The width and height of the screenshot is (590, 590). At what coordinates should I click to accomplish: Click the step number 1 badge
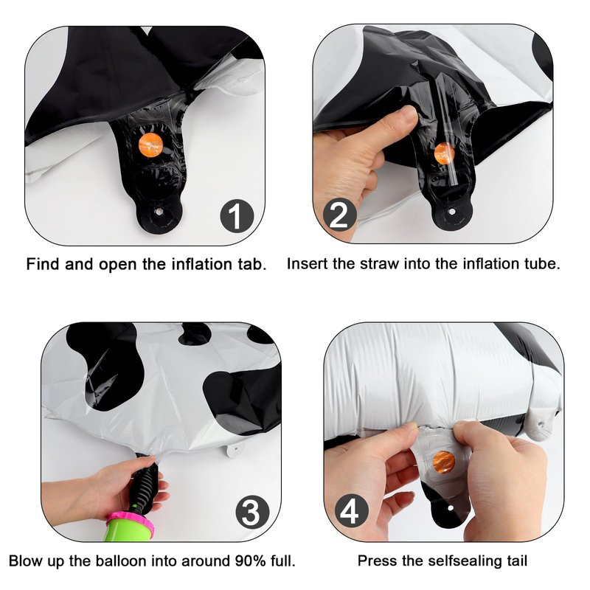[x=237, y=216]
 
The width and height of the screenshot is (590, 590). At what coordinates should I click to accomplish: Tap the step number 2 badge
[x=339, y=215]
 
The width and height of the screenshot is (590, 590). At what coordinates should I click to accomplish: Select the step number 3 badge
[x=252, y=512]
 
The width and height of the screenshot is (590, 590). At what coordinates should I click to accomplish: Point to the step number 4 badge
[x=352, y=511]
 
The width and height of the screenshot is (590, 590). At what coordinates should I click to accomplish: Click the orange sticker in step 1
[x=150, y=145]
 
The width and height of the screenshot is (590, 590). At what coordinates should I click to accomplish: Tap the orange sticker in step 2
[x=445, y=153]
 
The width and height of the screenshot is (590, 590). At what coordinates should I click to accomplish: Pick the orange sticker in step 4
[x=444, y=462]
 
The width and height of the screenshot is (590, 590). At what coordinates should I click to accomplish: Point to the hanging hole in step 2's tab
[x=451, y=212]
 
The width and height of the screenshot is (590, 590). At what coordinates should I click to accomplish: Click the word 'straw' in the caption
[x=380, y=264]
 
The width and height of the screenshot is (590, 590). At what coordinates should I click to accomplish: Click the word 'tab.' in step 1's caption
[x=252, y=264]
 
